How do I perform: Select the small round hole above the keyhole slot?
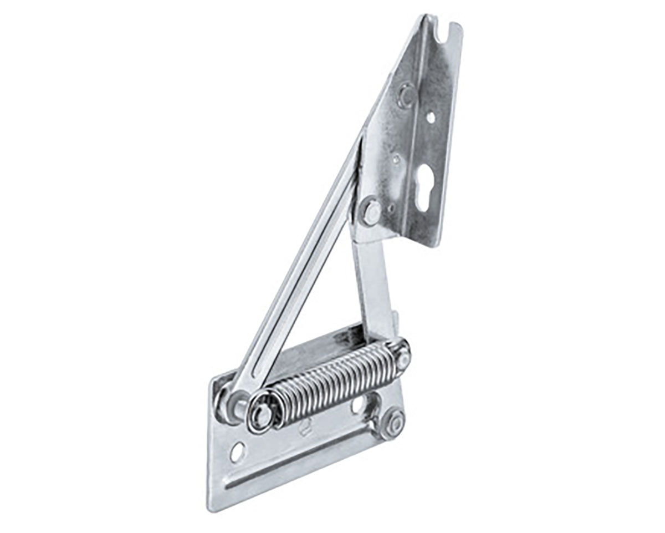click(x=430, y=118)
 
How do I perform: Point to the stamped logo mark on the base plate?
click(x=304, y=428)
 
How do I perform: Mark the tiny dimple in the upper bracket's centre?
click(x=396, y=160)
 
